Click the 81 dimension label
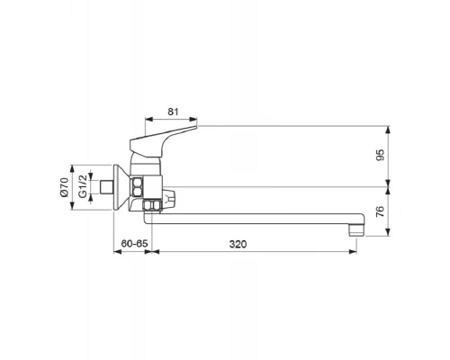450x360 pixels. click(x=173, y=112)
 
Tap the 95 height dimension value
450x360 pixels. click(x=380, y=155)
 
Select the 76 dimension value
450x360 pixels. click(x=380, y=211)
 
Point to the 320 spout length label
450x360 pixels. click(x=238, y=244)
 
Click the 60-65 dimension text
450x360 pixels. click(x=135, y=244)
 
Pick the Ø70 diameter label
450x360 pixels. click(x=64, y=187)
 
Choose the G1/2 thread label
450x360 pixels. click(x=83, y=186)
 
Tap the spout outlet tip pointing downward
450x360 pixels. click(x=356, y=230)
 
